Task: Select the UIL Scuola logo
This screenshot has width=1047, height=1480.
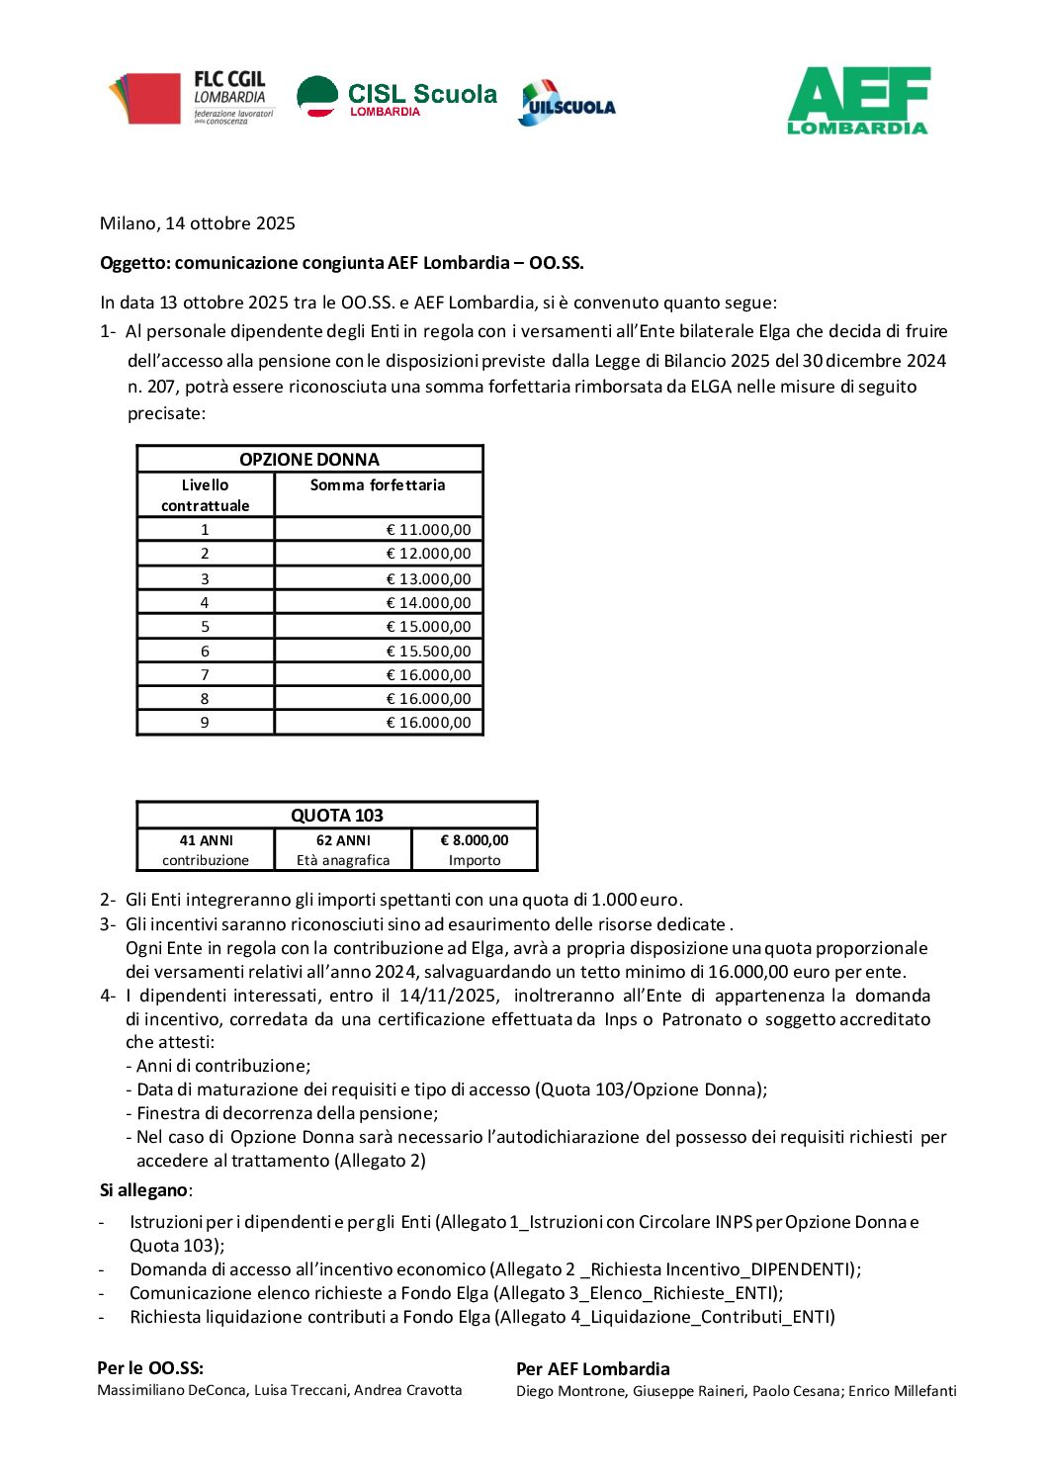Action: click(567, 103)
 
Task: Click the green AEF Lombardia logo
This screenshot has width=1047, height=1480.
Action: click(858, 101)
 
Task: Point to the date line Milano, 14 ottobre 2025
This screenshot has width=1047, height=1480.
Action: click(198, 223)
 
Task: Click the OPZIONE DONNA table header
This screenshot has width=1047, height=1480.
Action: click(309, 459)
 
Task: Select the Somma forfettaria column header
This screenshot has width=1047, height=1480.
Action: click(378, 485)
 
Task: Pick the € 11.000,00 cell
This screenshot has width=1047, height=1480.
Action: click(428, 530)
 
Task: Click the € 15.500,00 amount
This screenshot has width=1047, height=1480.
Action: click(428, 652)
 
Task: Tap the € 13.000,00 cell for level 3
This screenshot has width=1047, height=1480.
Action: click(428, 579)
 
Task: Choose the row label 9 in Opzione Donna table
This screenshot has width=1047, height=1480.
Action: click(205, 723)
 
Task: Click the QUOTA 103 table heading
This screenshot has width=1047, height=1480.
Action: click(336, 816)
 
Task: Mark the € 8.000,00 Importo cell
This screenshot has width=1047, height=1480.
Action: click(475, 850)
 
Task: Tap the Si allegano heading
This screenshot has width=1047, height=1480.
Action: click(144, 1190)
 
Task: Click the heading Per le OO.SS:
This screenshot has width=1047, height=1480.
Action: click(150, 1368)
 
